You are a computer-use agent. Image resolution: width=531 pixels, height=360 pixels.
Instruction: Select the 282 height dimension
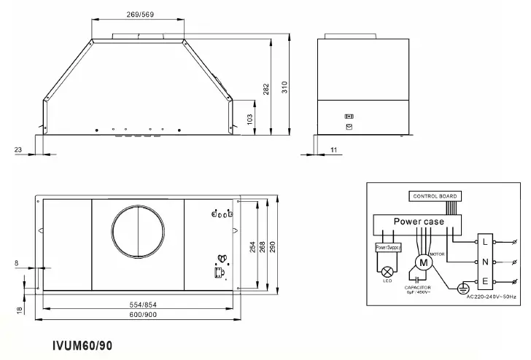pyautogui.click(x=267, y=88)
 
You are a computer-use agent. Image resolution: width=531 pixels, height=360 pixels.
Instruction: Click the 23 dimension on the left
pyautogui.click(x=18, y=149)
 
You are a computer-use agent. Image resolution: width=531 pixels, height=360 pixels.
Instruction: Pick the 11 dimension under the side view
pyautogui.click(x=333, y=149)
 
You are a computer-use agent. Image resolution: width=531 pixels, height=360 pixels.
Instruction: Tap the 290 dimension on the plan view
pyautogui.click(x=274, y=246)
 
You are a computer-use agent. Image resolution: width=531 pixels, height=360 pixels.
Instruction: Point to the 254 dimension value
pyautogui.click(x=252, y=246)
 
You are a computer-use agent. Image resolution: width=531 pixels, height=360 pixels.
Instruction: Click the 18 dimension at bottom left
pyautogui.click(x=18, y=310)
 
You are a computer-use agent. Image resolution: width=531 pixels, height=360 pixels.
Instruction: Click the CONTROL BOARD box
pyautogui.click(x=435, y=196)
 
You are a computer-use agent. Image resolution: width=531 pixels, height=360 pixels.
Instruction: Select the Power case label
pyautogui.click(x=419, y=222)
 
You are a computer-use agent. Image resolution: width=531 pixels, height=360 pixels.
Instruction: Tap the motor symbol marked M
pyautogui.click(x=422, y=262)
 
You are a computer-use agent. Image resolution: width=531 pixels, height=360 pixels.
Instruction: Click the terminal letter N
pyautogui.click(x=485, y=261)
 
